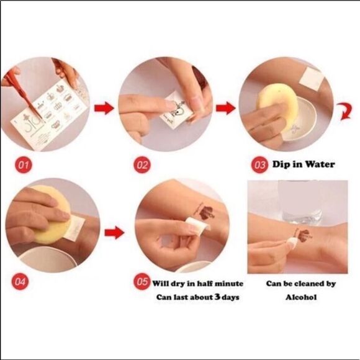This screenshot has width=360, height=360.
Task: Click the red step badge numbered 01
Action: (x=24, y=164)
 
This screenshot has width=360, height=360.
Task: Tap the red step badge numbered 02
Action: (x=142, y=164)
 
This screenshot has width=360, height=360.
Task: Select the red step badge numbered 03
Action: (x=259, y=164)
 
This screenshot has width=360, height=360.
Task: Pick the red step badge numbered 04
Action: (x=20, y=281)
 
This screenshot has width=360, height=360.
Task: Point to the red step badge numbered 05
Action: (x=142, y=281)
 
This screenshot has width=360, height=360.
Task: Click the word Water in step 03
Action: (x=320, y=164)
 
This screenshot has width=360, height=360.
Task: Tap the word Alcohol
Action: (x=301, y=297)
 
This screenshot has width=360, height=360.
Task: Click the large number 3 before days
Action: (x=217, y=297)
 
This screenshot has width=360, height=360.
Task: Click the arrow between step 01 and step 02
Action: (x=104, y=108)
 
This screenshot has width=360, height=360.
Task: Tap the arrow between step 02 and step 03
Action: (x=226, y=108)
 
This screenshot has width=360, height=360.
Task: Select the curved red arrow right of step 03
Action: (x=345, y=112)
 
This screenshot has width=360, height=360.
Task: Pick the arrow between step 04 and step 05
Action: (x=114, y=232)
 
